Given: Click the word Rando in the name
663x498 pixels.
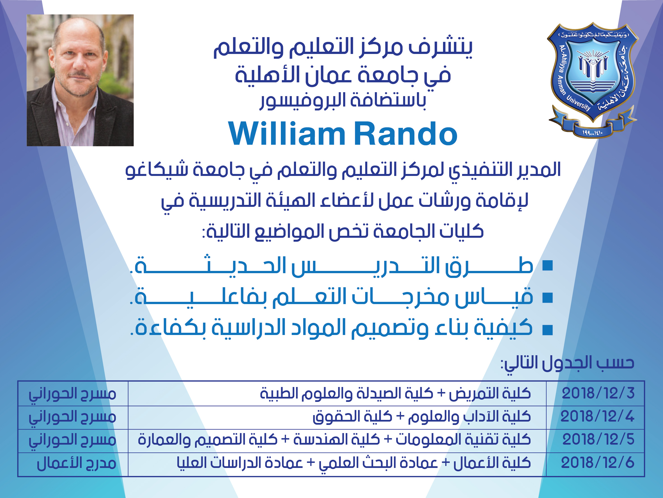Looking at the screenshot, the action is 405,134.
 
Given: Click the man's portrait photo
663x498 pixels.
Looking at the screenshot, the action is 80,80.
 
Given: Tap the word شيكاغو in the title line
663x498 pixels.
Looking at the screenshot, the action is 157,169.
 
